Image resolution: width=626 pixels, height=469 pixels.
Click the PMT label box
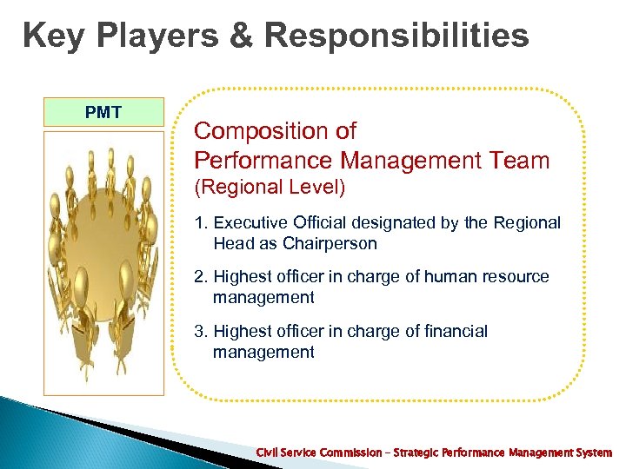(x=103, y=112)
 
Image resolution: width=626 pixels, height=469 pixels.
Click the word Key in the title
(x=51, y=36)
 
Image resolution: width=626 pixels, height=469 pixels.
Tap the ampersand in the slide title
(x=241, y=36)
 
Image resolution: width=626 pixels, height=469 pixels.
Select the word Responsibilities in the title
(x=396, y=36)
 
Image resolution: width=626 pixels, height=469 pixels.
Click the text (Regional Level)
(x=270, y=187)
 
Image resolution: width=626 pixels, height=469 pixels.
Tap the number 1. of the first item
(x=201, y=223)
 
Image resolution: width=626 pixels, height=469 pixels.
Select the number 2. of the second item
(x=201, y=277)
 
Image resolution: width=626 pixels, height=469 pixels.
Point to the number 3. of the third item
(x=201, y=331)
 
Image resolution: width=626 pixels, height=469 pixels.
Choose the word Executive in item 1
(x=250, y=223)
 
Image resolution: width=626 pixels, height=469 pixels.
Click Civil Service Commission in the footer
(x=318, y=452)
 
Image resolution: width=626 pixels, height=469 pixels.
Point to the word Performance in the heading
(x=264, y=160)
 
